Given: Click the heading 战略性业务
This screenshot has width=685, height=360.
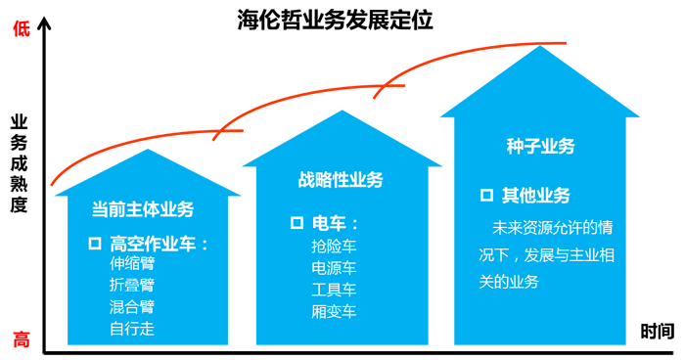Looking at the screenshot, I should pyautogui.click(x=341, y=180).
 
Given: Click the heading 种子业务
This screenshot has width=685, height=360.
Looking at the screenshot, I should pyautogui.click(x=540, y=147).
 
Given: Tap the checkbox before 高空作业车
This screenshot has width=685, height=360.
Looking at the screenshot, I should pyautogui.click(x=95, y=243).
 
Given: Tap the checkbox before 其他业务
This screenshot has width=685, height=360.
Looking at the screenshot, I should pyautogui.click(x=486, y=195).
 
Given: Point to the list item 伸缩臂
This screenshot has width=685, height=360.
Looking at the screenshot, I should pyautogui.click(x=132, y=264).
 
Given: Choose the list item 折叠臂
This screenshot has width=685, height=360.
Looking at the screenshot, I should pyautogui.click(x=132, y=286).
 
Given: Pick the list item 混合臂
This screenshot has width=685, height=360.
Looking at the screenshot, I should pyautogui.click(x=132, y=307).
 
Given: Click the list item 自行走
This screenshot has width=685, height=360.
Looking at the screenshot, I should pyautogui.click(x=132, y=329).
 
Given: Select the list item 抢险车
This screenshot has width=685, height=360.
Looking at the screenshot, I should pyautogui.click(x=334, y=246).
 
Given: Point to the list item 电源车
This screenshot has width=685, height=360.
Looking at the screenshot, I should pyautogui.click(x=334, y=268).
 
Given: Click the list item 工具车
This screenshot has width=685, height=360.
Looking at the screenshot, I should pyautogui.click(x=334, y=290).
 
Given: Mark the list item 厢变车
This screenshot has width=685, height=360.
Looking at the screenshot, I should pyautogui.click(x=334, y=312).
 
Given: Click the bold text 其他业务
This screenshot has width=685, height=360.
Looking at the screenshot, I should pyautogui.click(x=536, y=196).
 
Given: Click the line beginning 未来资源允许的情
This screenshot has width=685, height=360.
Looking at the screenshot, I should pyautogui.click(x=554, y=228).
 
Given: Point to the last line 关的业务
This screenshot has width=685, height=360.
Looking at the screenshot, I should pyautogui.click(x=509, y=282).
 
